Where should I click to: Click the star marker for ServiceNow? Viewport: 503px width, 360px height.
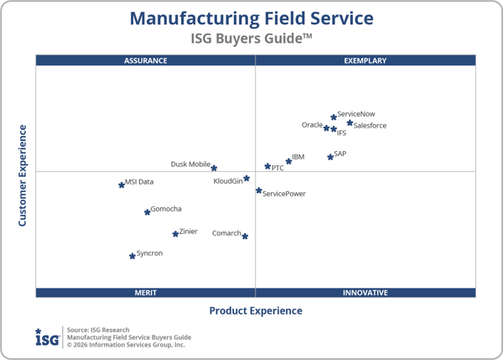[x=334, y=117]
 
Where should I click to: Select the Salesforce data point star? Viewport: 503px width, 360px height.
[x=350, y=123]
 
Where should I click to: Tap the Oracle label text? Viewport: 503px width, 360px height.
[x=312, y=125]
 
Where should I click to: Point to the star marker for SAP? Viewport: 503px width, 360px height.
[x=330, y=157]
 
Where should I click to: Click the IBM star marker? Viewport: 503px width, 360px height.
[x=288, y=161]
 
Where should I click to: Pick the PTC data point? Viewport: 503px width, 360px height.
[x=268, y=166]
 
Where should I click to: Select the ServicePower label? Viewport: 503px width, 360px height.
[x=284, y=194]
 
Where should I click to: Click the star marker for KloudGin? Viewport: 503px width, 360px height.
[x=246, y=178]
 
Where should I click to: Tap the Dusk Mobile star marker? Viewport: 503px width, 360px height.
[x=214, y=168]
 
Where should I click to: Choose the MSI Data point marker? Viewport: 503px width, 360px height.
[x=122, y=185]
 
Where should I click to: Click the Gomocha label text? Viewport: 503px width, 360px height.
[x=166, y=209]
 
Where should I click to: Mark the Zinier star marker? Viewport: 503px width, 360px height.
[x=175, y=234]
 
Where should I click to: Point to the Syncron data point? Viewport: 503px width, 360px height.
[x=132, y=256]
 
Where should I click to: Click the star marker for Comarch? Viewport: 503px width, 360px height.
[x=245, y=236]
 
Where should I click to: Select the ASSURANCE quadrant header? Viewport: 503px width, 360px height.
[x=146, y=60]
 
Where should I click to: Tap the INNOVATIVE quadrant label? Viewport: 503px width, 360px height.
[x=366, y=293]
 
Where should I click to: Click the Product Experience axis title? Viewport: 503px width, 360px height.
[x=256, y=311]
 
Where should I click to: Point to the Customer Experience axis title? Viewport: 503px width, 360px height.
[x=23, y=175]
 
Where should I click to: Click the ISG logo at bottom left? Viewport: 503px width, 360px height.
[x=46, y=337]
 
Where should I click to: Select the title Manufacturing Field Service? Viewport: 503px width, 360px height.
[x=251, y=18]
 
